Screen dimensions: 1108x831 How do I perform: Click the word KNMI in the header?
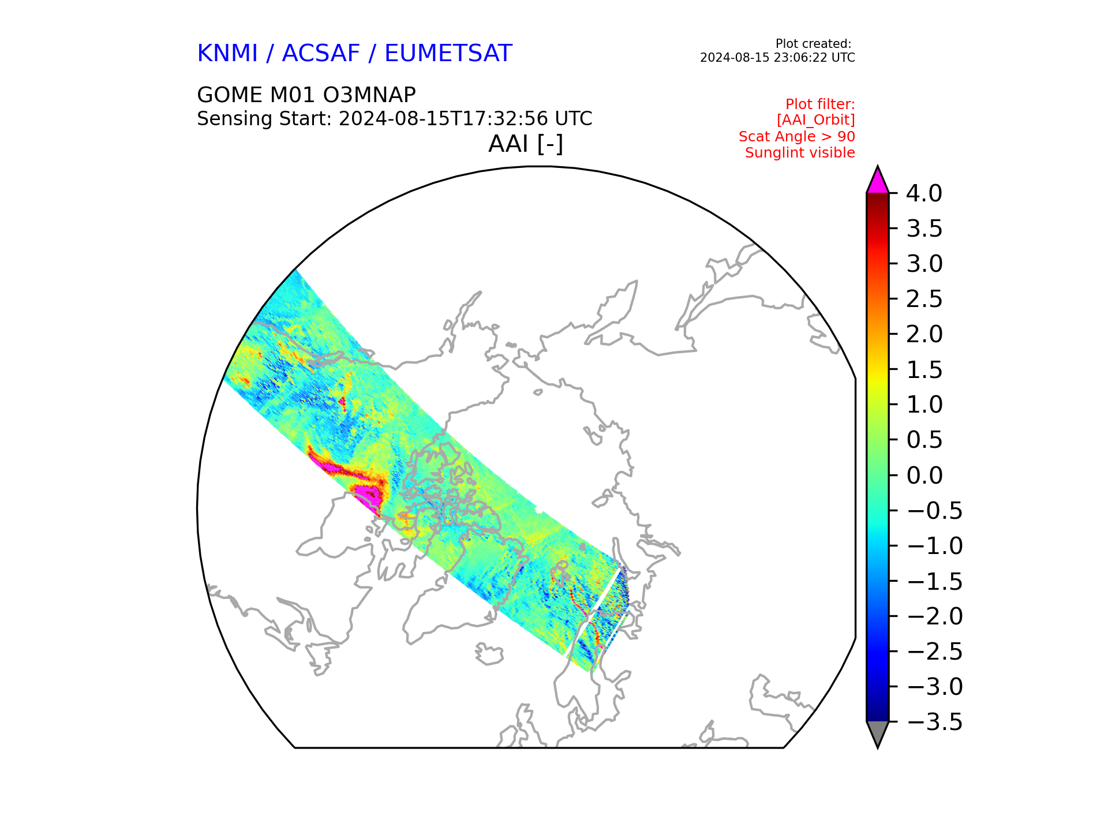point(227,54)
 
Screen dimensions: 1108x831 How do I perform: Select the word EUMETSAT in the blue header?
point(448,54)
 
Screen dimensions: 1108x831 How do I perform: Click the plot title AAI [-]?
point(526,144)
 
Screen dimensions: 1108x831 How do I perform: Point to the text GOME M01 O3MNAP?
point(306,95)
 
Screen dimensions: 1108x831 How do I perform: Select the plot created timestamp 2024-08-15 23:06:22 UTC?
point(777,58)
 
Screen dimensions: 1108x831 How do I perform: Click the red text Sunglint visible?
point(800,153)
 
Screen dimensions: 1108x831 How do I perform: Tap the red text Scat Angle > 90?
point(797,137)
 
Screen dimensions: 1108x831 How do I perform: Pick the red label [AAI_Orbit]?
point(816,120)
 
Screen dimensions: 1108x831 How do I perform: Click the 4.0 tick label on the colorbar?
point(924,194)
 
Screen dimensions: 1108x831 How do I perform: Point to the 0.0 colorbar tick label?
point(924,476)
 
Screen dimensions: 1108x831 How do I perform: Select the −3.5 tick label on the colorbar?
point(934,722)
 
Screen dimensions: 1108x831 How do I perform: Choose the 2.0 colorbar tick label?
point(924,335)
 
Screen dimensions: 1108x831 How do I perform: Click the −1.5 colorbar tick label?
point(934,581)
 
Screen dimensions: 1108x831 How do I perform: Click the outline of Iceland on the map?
point(489,654)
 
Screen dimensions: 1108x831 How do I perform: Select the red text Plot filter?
point(820,104)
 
